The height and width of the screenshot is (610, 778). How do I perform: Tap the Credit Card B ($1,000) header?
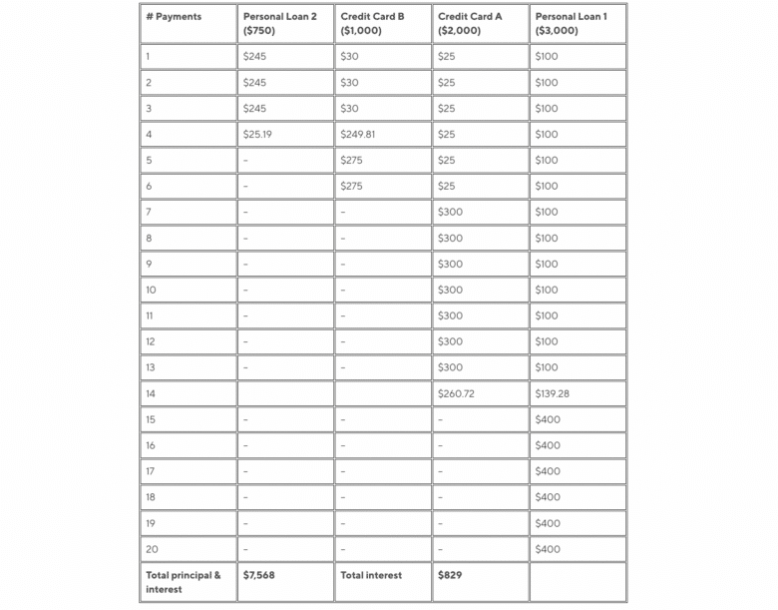pos(372,24)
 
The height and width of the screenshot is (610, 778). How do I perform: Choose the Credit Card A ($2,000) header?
pos(470,24)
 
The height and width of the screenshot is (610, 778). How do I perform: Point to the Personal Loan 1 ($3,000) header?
pos(571,24)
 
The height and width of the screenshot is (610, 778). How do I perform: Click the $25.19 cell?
pos(257,134)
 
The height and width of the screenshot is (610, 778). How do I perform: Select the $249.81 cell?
pos(357,134)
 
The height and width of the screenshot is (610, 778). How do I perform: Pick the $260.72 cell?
pos(456,393)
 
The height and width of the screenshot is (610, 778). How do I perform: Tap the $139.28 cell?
pos(553,393)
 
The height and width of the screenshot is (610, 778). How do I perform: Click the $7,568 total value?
pos(259,575)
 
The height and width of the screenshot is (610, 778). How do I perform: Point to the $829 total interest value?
pos(450,575)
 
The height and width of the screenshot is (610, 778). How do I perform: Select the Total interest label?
pos(371,575)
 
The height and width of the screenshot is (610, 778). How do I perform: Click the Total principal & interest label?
pos(184,582)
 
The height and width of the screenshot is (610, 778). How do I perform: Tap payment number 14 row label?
pos(151,393)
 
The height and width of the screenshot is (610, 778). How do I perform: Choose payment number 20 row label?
pos(152,549)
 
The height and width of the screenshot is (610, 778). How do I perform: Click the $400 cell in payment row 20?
pos(548,549)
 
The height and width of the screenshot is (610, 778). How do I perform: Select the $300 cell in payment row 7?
pos(450,212)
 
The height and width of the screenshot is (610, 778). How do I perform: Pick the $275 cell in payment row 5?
pos(351,160)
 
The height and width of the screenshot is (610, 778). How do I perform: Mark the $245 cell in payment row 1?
pos(254,56)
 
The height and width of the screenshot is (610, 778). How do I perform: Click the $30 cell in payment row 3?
pos(349,108)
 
